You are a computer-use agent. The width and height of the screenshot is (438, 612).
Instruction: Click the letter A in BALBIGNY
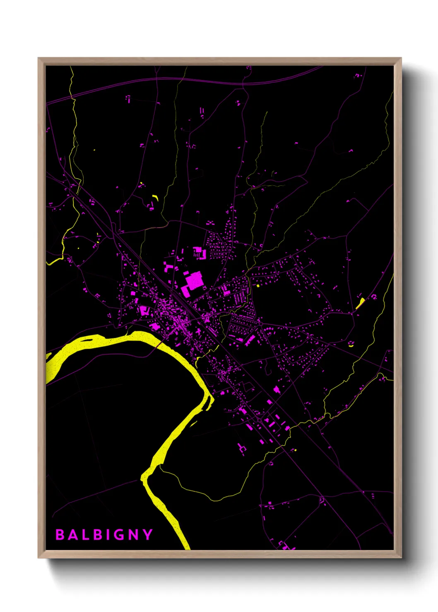[x=72, y=535]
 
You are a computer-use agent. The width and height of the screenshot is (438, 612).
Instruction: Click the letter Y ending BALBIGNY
[x=148, y=535]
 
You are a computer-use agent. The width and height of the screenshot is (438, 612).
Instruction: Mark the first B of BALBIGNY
[x=60, y=535]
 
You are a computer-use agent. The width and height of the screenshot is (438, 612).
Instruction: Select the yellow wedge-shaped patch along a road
[x=360, y=303]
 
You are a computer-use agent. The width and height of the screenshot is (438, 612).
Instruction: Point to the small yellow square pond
[x=258, y=285]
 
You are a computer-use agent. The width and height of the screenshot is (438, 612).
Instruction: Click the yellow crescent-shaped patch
[x=156, y=197]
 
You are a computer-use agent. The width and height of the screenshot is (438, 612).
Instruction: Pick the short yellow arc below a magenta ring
[x=351, y=346]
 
